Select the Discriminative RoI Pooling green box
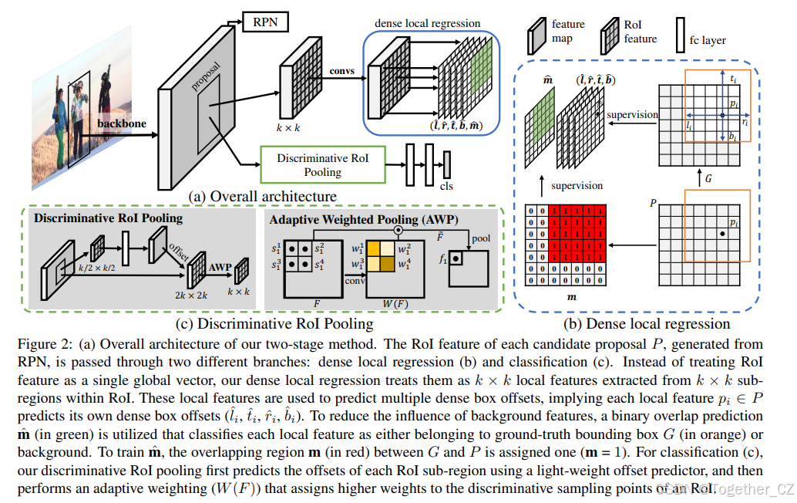click(322, 164)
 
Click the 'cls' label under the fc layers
click(446, 186)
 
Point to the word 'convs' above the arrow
click(342, 71)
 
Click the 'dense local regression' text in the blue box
click(427, 24)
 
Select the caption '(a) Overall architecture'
click(262, 196)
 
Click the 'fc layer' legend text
click(708, 39)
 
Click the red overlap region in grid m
click(577, 231)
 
